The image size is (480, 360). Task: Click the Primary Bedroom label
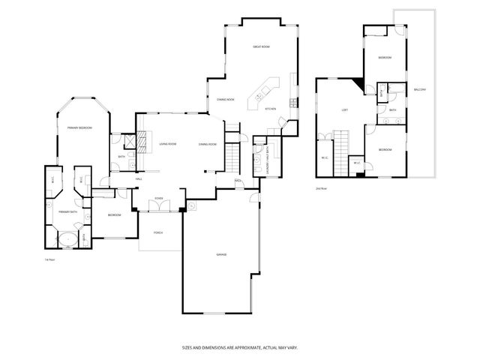coord(79,128)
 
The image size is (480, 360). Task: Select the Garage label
coord(222,255)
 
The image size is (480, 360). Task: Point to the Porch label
coord(158,232)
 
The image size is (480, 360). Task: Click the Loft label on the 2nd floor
coord(344,110)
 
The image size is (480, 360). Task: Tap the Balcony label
coord(420,90)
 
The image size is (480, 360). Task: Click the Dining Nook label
coord(226,99)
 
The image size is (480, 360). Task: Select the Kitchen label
coord(271,109)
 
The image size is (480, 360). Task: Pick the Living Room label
coord(167,143)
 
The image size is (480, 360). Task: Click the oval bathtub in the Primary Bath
coord(67,241)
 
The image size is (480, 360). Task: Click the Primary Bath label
coord(68,212)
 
